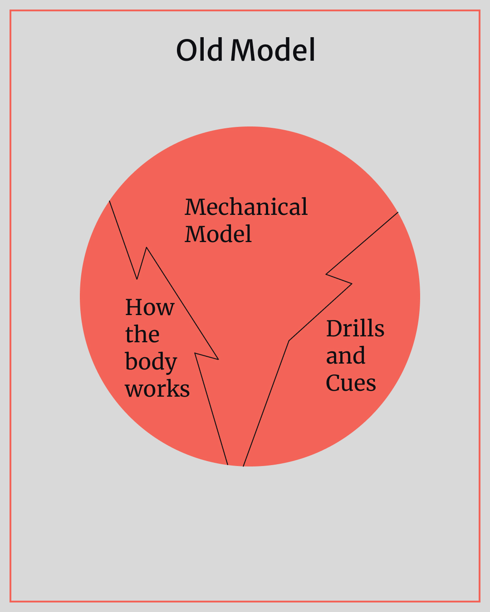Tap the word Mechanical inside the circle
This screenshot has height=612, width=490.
246,207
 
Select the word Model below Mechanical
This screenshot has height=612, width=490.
218,234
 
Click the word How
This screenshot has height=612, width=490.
150,307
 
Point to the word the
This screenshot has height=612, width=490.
142,335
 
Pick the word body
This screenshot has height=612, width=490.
151,363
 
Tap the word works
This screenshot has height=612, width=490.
157,389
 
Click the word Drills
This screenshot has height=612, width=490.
355,329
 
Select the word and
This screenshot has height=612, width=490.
345,356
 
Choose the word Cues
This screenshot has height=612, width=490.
351,383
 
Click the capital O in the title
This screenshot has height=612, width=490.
187,50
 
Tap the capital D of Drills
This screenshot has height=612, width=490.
334,329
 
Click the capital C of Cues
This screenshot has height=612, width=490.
333,384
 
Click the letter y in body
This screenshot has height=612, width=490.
170,364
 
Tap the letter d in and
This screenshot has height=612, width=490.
359,355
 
